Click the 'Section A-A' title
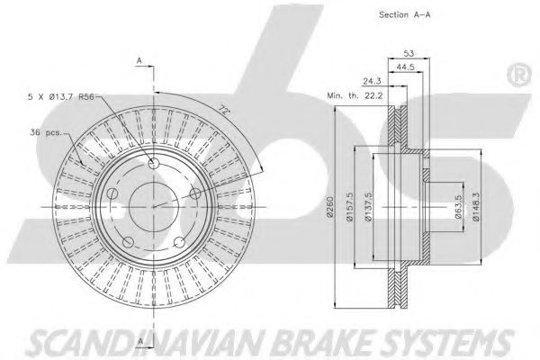tap(404, 14)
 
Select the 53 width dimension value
tap(409, 53)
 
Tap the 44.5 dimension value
tap(405, 67)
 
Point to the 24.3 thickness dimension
tap(372, 81)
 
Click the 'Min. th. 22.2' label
tap(355, 95)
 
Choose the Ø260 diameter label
tap(330, 207)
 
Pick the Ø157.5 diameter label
tap(350, 207)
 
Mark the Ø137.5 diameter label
tap(369, 207)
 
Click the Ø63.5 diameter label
tap(458, 207)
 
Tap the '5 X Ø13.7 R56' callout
tap(61, 97)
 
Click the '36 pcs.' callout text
tap(46, 132)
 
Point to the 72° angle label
tap(224, 110)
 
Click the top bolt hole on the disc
tap(154, 163)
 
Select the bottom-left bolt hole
tap(128, 242)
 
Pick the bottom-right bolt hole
tap(179, 242)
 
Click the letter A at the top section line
tap(139, 60)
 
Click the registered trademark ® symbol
tap(518, 75)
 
